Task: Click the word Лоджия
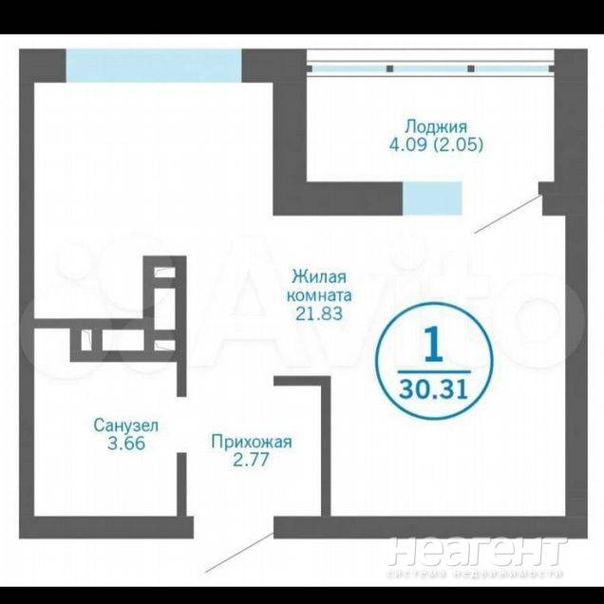[x=437, y=126]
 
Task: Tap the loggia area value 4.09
[x=407, y=145]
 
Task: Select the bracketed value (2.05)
[x=459, y=145]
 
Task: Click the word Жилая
[x=319, y=277]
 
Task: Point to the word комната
[x=319, y=295]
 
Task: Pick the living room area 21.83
[x=319, y=313]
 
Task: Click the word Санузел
[x=126, y=425]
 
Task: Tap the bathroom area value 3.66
[x=126, y=444]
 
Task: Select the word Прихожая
[x=251, y=442]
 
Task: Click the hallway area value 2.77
[x=251, y=460]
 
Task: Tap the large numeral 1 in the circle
[x=435, y=344]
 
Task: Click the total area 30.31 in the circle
[x=434, y=388]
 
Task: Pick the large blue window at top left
[x=154, y=66]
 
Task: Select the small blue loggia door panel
[x=432, y=198]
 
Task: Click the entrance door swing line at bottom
[x=239, y=553]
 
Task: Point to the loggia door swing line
[x=508, y=215]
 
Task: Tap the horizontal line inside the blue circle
[x=434, y=372]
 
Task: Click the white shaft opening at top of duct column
[x=165, y=274]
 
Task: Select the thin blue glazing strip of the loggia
[x=430, y=69]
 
